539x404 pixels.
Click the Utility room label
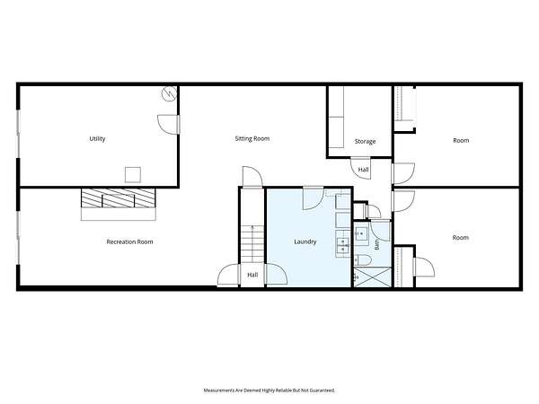(x=97, y=139)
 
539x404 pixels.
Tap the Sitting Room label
(x=252, y=139)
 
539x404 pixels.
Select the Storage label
(x=365, y=142)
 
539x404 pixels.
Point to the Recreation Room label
(x=129, y=242)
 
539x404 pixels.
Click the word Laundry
(x=305, y=242)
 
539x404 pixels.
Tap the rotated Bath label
(x=376, y=244)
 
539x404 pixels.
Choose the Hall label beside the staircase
(x=252, y=275)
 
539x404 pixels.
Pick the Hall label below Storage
(x=363, y=170)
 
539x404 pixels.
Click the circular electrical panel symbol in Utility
(x=170, y=93)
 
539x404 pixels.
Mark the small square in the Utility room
(x=133, y=174)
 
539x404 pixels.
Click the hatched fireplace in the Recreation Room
(x=119, y=198)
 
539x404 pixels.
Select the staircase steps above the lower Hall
(x=252, y=244)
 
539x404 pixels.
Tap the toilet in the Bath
(x=363, y=260)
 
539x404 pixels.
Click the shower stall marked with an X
(x=373, y=277)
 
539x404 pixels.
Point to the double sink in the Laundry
(x=343, y=244)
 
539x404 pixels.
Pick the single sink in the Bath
(x=361, y=234)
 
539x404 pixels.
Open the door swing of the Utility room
(x=169, y=125)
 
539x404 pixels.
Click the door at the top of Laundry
(x=314, y=198)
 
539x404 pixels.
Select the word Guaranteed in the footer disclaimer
(x=323, y=391)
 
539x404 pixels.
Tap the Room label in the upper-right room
(x=461, y=141)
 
